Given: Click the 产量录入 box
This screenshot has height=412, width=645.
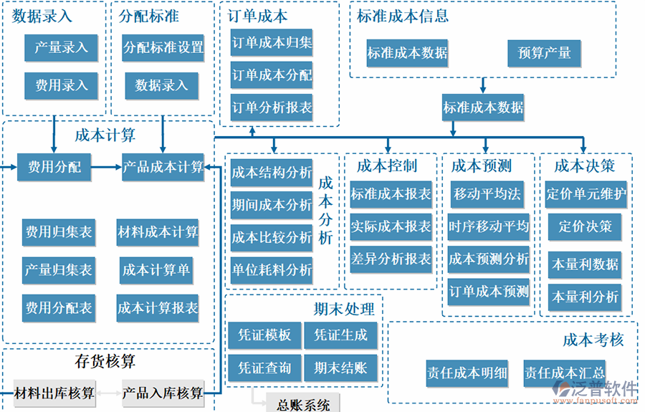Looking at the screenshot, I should (61, 48).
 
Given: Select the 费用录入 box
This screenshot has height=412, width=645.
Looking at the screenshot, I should (61, 86).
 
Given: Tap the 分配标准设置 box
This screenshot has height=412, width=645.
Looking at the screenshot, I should (163, 48).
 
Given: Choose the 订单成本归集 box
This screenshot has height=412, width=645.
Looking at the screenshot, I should (272, 43).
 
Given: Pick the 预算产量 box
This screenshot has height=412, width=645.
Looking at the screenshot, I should (544, 53).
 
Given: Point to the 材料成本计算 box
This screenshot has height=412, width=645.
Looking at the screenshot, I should (158, 232).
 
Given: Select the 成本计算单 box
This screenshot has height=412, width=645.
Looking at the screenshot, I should (157, 270).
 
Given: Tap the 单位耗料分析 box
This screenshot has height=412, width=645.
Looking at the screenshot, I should (272, 270).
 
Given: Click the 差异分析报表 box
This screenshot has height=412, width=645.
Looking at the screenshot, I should (391, 258).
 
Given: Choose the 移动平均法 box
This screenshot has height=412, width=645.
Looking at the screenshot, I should (488, 193).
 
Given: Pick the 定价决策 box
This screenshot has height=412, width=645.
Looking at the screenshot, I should (586, 226).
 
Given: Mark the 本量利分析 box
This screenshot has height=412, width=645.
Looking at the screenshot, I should (586, 296).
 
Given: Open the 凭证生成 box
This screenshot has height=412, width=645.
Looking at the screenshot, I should (340, 335).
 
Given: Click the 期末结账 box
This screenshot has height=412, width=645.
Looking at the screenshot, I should (340, 368).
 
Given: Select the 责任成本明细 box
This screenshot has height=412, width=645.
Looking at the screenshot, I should (467, 373).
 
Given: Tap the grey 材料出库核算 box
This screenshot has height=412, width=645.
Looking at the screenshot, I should (55, 393).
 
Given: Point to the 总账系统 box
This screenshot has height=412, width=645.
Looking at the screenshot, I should (303, 405).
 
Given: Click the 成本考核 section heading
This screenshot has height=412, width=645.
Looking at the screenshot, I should (593, 340).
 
